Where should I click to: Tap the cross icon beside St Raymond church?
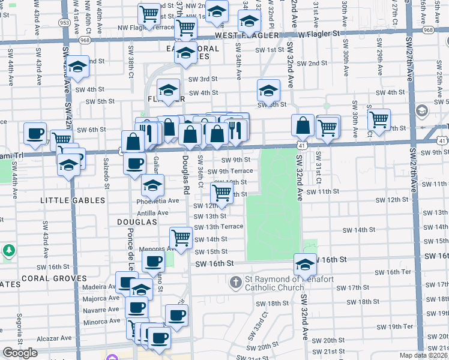pos(236,281)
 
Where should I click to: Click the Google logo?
pos(20,353)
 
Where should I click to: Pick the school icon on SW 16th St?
pos(305,263)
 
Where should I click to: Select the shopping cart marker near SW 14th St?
pos(181,238)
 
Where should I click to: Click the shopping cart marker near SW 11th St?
pos(222,193)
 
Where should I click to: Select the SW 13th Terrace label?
pos(218,226)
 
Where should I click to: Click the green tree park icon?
pos(8,249)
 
